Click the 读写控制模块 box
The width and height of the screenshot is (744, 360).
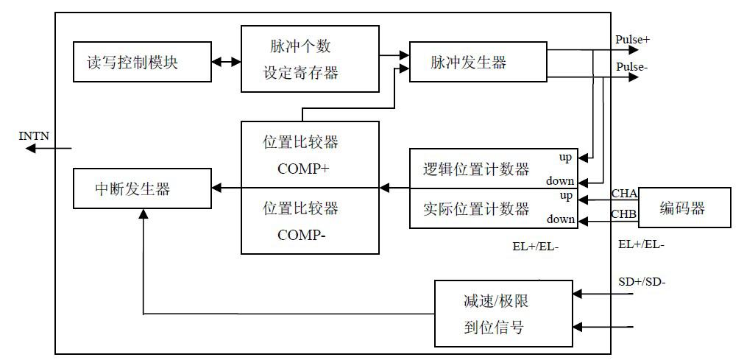tap(137, 62)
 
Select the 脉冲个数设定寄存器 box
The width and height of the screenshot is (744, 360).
tap(310, 59)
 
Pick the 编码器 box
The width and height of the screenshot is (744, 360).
tap(684, 208)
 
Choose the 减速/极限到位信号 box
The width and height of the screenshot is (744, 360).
tap(503, 314)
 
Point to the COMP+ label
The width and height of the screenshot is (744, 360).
tap(303, 168)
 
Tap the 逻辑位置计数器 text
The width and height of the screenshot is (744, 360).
tap(477, 169)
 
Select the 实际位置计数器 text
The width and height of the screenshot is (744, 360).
tap(477, 209)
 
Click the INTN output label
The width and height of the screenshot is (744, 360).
tap(33, 135)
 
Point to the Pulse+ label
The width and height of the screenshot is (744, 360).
tap(632, 40)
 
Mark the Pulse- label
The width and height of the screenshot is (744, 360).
tap(631, 67)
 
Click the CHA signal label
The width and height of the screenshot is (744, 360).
tap(624, 194)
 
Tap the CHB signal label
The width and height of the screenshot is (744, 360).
tap(624, 215)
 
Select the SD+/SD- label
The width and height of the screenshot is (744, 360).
tap(642, 281)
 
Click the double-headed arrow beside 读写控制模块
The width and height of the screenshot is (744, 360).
tap(227, 62)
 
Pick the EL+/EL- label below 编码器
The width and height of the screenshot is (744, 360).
tap(642, 244)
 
